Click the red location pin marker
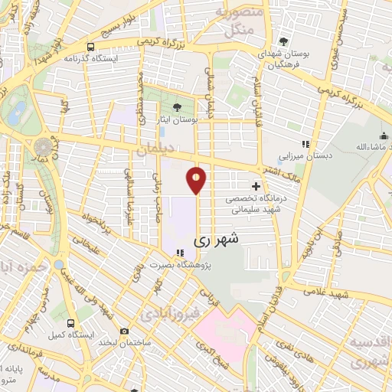197,179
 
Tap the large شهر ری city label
217,240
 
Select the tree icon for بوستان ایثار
178,107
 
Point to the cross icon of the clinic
256,186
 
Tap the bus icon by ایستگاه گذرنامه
91,47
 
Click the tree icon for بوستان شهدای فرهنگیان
284,41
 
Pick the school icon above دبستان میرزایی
305,143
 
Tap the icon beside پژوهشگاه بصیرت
181,253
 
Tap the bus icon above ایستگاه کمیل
70,323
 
